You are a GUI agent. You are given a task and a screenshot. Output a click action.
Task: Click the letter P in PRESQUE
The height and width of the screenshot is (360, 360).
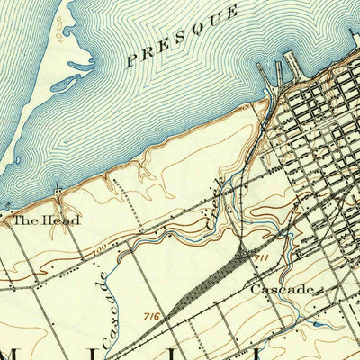132,62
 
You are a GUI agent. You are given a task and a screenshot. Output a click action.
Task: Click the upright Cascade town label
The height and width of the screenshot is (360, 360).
282,289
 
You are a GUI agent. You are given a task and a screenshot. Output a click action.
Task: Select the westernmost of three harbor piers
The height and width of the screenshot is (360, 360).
263,72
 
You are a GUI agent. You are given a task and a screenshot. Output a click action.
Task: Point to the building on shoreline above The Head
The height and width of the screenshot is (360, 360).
58,192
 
